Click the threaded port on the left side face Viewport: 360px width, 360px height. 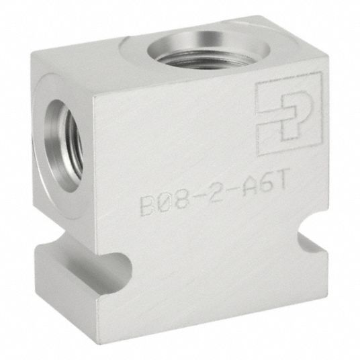64,146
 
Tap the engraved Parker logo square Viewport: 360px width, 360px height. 289,114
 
